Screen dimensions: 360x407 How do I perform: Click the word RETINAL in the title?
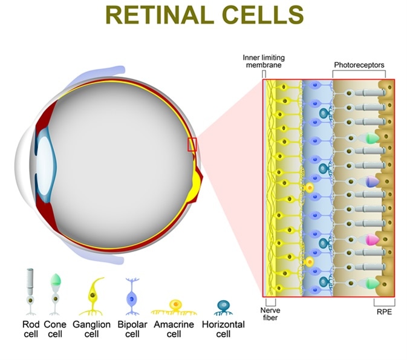[156, 15]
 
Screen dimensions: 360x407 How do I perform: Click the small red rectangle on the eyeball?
[192, 144]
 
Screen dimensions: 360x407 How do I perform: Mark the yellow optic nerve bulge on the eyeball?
[197, 182]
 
